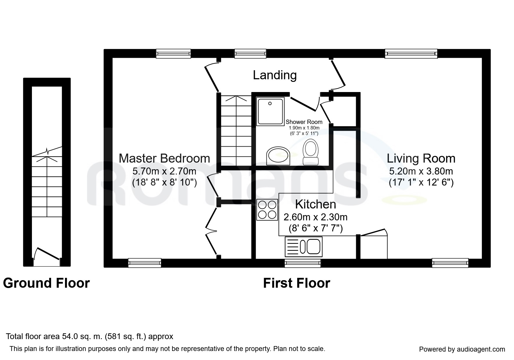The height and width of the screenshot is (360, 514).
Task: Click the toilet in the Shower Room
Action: (x=311, y=152)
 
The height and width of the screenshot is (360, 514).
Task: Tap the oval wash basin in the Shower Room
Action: (x=278, y=156)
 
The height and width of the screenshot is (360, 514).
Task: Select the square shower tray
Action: (x=270, y=111)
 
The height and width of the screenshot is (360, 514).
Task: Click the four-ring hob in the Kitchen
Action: (x=267, y=210)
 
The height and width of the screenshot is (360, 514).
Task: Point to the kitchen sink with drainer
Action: (x=304, y=246)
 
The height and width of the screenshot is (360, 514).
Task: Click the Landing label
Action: (x=275, y=75)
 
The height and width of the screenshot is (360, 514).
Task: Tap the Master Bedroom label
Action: (x=164, y=158)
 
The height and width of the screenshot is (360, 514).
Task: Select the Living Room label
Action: (x=421, y=158)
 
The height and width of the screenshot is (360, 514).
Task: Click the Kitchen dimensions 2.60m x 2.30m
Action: (x=315, y=217)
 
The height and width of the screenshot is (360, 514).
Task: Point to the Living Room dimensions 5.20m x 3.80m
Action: (x=421, y=171)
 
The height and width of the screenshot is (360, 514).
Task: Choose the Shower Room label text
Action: (x=304, y=122)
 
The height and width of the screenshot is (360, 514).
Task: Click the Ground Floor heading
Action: (x=46, y=283)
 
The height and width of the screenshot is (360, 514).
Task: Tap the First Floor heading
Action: (x=297, y=283)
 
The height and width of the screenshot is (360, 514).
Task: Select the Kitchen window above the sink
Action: (x=303, y=263)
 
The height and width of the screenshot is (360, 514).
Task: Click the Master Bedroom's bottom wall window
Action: (x=145, y=263)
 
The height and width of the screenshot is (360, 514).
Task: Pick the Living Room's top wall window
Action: (x=411, y=54)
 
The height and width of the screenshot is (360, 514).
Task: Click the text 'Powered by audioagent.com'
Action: (x=462, y=349)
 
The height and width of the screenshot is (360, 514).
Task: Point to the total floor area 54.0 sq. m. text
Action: (x=90, y=336)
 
